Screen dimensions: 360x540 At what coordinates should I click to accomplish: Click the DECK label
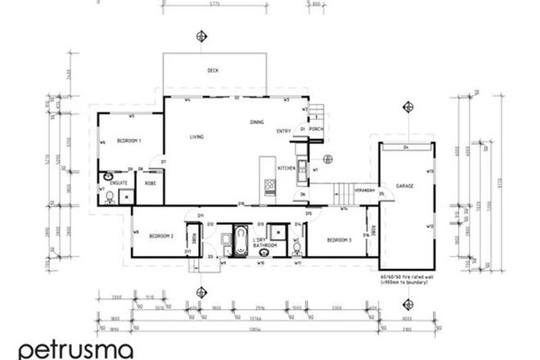click(x=214, y=71)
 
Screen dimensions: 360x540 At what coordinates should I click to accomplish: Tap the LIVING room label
click(x=196, y=137)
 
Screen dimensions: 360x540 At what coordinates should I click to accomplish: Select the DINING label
click(x=257, y=122)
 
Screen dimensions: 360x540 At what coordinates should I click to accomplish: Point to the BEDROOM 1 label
click(x=128, y=141)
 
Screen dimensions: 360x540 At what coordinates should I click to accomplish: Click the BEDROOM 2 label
click(x=161, y=236)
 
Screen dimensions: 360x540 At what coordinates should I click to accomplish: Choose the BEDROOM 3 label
click(x=339, y=240)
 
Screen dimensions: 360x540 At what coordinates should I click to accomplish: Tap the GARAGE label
click(x=404, y=187)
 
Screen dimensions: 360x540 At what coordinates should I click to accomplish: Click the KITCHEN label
click(x=286, y=168)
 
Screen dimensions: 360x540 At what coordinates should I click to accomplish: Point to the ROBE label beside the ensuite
click(x=151, y=184)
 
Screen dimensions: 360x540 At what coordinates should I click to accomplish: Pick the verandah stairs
click(x=343, y=195)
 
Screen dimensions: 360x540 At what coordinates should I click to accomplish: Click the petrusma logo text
click(x=74, y=349)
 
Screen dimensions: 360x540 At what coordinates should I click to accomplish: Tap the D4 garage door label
click(x=406, y=147)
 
